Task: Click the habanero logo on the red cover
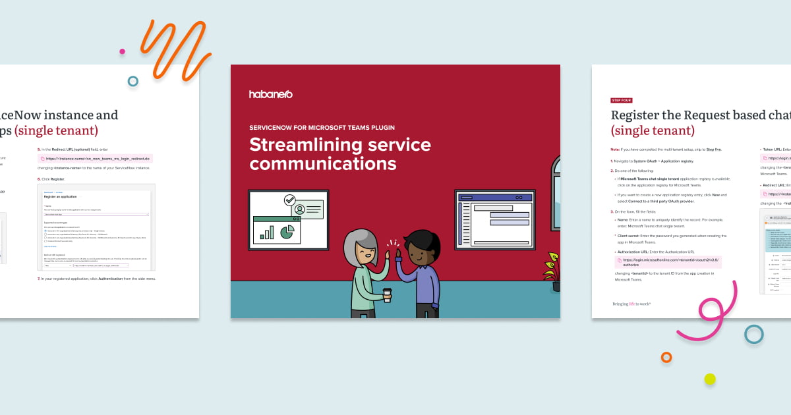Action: (270, 94)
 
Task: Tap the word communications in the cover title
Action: (322, 163)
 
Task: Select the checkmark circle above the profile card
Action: (289, 200)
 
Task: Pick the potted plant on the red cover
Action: (552, 270)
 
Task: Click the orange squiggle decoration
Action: (173, 49)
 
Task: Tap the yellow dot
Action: (710, 379)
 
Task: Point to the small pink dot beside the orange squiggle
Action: (122, 51)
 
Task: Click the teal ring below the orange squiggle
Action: (133, 81)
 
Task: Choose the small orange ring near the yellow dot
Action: (666, 357)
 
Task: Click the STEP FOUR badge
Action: (622, 101)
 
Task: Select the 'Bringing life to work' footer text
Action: (631, 304)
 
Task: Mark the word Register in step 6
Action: (63, 179)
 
